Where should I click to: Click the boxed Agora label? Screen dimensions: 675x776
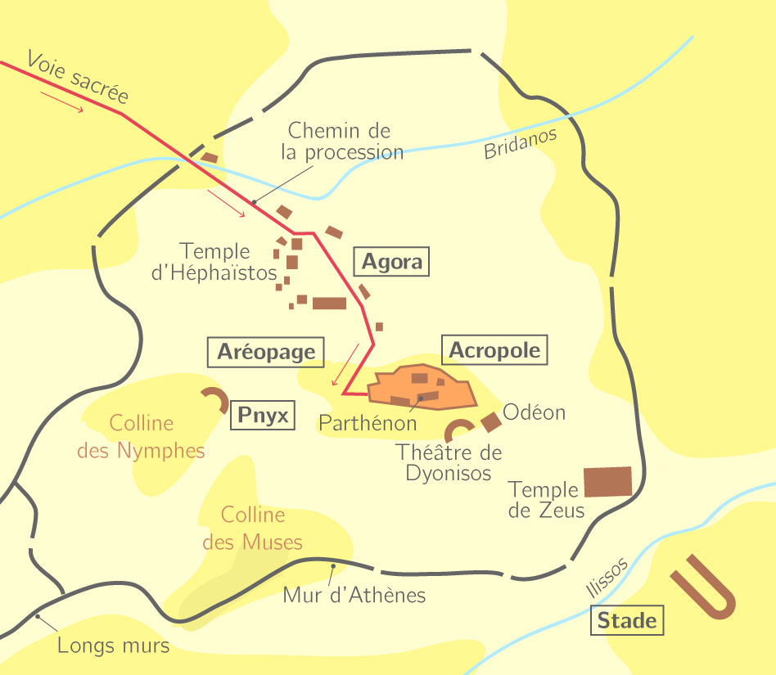391,262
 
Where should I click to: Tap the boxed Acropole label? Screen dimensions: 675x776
494,350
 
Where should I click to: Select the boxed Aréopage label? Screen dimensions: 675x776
266,352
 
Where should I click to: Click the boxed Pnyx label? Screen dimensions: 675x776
263,416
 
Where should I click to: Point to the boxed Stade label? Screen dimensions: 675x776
627,621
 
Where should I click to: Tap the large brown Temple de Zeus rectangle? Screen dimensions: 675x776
607,482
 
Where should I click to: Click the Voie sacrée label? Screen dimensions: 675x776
78,78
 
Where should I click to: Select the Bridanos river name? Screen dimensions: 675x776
520,144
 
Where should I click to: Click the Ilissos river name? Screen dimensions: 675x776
607,577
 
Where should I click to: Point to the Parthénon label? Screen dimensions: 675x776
368,423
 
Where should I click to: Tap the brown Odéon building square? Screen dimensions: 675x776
490,422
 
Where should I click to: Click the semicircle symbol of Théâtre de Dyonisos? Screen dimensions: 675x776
458,430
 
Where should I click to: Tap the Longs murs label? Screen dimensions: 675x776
113,646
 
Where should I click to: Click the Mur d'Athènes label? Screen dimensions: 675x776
354,595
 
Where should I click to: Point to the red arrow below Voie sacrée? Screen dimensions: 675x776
62,102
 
